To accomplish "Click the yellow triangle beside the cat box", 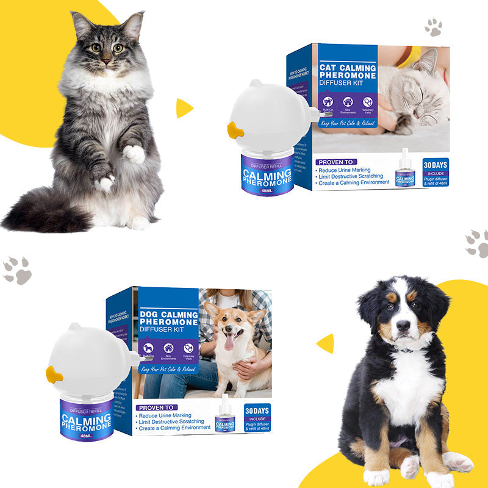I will pyautogui.click(x=183, y=108).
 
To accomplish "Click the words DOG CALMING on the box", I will pyautogui.click(x=168, y=314).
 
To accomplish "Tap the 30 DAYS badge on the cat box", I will pyautogui.click(x=436, y=164).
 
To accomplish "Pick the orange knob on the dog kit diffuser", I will pyautogui.click(x=55, y=375).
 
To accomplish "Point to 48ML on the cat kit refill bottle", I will pyautogui.click(x=266, y=190).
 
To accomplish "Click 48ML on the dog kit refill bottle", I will pyautogui.click(x=87, y=436).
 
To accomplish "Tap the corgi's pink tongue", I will pyautogui.click(x=229, y=342).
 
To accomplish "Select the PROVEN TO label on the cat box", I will pyautogui.click(x=336, y=162).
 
